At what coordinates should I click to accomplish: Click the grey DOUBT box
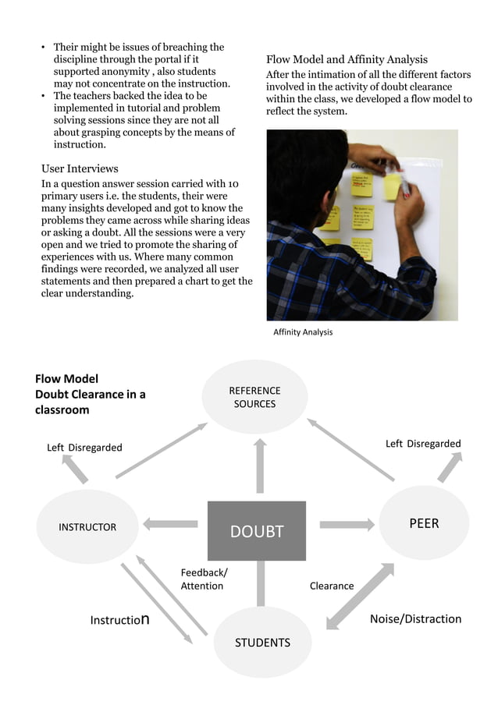tap(256, 531)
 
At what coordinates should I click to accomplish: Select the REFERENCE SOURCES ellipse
tap(254, 397)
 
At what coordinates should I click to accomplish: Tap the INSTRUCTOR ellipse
tap(87, 527)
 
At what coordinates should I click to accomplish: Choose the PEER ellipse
tap(424, 523)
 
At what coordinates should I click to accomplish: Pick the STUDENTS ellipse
tap(262, 643)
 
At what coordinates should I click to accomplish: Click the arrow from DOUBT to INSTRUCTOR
tap(170, 524)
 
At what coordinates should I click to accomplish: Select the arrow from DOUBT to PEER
tap(347, 524)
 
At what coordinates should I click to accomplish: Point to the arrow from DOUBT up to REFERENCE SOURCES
tap(260, 466)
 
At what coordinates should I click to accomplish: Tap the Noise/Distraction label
tap(415, 619)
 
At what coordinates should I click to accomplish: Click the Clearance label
tap(332, 586)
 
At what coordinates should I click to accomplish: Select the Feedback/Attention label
tap(204, 579)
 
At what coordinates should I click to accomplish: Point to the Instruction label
tap(119, 621)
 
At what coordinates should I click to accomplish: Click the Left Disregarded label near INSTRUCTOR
tap(84, 448)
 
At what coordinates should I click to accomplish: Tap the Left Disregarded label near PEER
tap(423, 444)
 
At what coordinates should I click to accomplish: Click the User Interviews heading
tap(80, 168)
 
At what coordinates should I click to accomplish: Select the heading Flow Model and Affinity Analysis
tap(347, 59)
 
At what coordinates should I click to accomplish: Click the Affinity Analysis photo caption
tap(303, 332)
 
